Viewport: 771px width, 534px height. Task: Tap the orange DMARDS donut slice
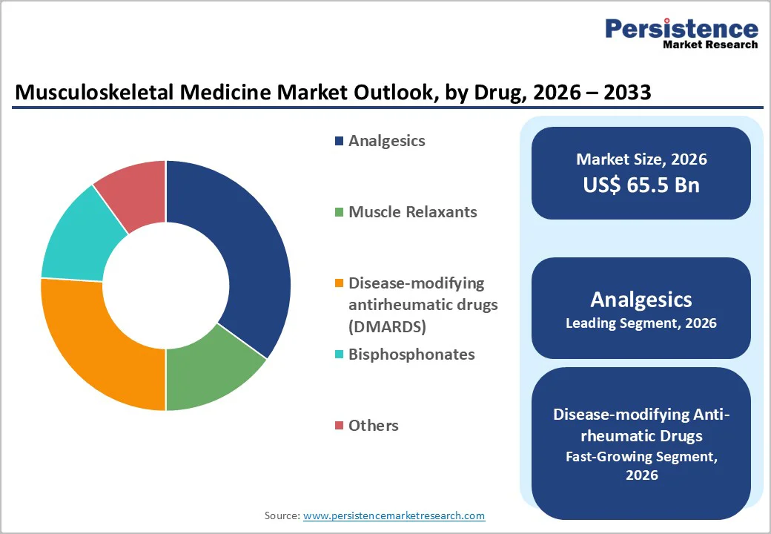(x=96, y=349)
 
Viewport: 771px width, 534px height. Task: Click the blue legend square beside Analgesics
(x=340, y=141)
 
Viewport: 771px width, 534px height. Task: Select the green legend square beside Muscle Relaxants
(x=340, y=212)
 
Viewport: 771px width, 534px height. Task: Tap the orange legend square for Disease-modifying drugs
(x=340, y=283)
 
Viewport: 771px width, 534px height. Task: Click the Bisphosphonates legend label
(x=411, y=355)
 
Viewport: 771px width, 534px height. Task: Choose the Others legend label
(x=374, y=426)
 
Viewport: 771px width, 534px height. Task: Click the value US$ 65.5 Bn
(x=641, y=185)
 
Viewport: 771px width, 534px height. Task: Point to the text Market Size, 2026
(x=641, y=159)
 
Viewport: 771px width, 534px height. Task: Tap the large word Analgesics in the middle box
(x=641, y=300)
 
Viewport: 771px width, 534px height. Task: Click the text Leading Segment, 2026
(x=641, y=323)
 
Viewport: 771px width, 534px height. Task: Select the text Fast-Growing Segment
(x=641, y=457)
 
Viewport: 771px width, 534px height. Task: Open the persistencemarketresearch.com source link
(x=394, y=515)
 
